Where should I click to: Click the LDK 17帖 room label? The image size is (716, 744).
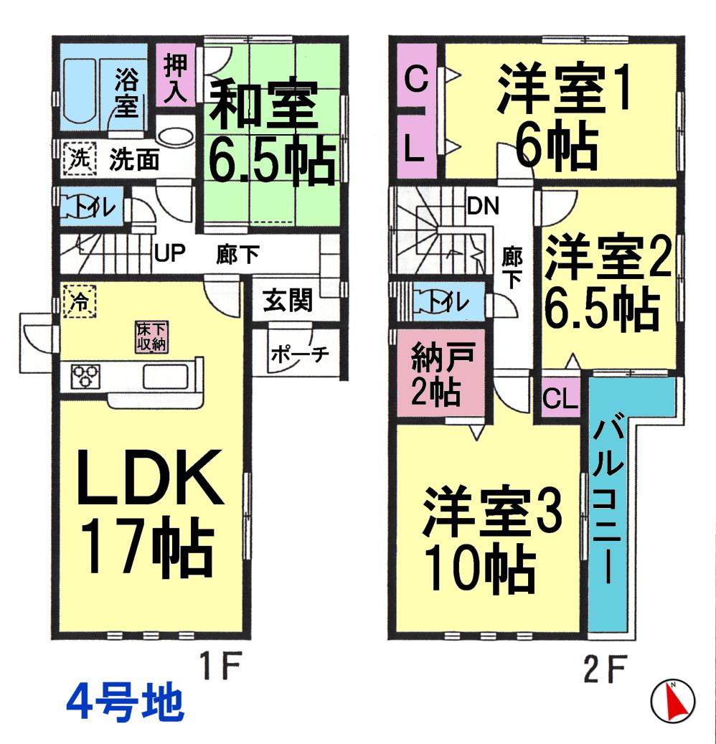[x=149, y=512]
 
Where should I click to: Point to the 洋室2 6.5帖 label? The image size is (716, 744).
[x=608, y=283]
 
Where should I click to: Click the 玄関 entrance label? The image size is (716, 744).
[x=287, y=301]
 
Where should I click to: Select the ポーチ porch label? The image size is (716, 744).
[x=299, y=354]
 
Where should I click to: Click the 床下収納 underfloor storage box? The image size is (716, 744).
[x=152, y=337]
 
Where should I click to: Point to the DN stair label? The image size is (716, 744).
[x=484, y=207]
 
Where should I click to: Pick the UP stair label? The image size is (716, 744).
[x=169, y=253]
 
